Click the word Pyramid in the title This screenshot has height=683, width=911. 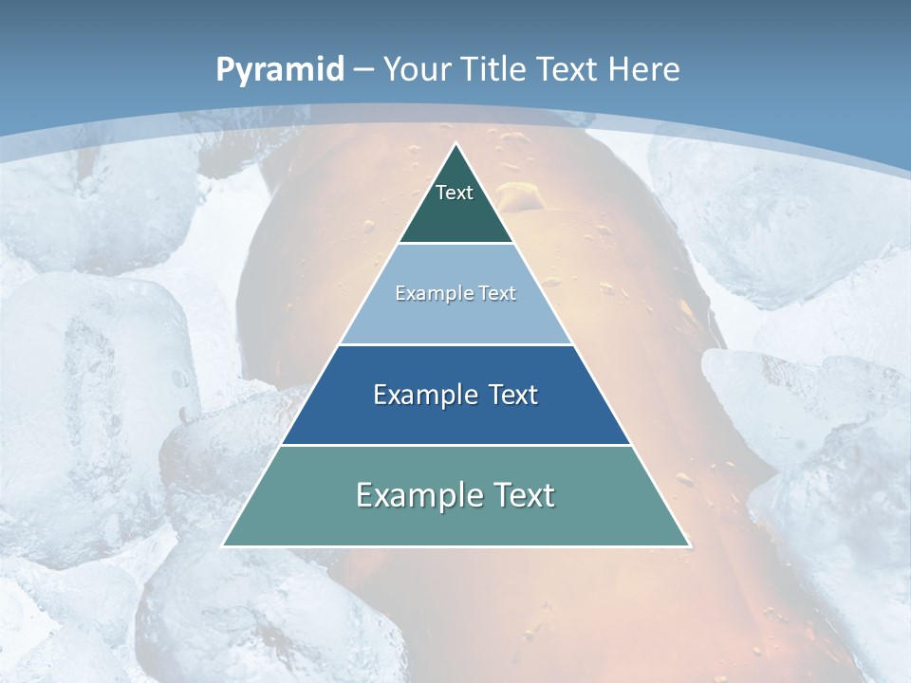point(280,70)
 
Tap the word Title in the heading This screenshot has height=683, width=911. point(493,69)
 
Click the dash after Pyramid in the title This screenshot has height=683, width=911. point(363,70)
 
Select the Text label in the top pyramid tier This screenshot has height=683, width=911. point(455,193)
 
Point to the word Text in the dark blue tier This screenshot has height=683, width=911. point(511,395)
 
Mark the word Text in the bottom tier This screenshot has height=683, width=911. point(523,495)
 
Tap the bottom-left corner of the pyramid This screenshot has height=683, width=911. point(223,545)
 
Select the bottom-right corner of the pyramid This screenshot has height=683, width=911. point(689,545)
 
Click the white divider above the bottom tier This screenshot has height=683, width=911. point(455,445)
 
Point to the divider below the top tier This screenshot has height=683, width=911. point(455,244)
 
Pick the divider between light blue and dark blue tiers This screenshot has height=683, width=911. point(455,344)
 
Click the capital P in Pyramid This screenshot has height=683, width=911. point(225,69)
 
